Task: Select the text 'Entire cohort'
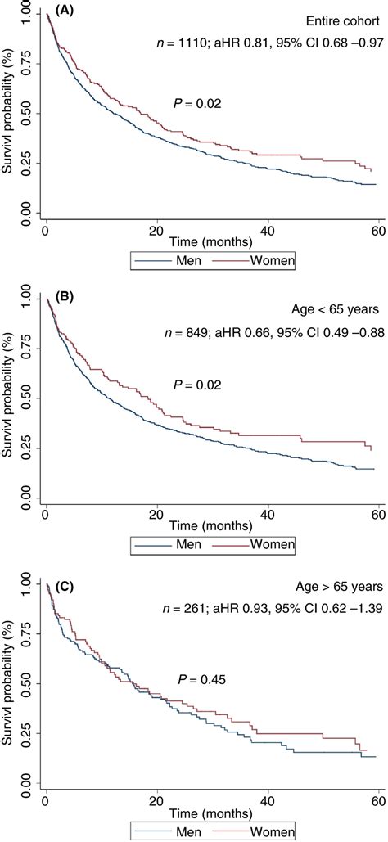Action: pos(342,21)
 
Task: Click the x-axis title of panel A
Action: pos(209,244)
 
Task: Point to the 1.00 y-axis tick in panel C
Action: pos(26,586)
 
